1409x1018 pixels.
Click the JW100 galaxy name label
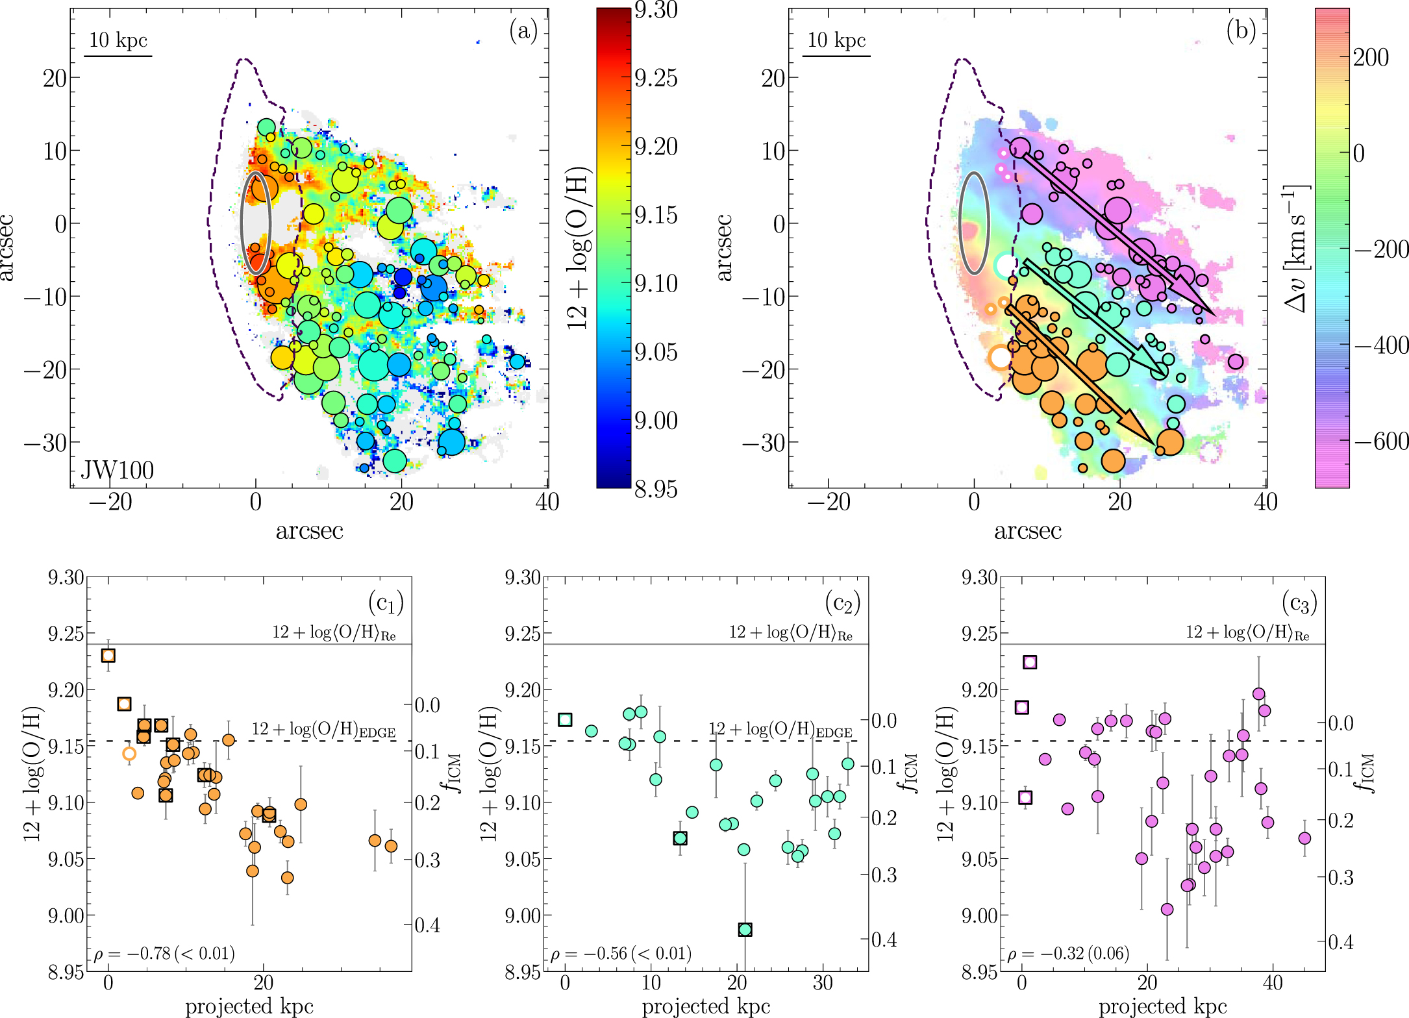pos(118,470)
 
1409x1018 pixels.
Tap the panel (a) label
pos(523,31)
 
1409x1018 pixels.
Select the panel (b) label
pos(1241,31)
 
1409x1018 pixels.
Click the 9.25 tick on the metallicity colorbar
pos(656,78)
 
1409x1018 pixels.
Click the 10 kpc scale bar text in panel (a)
pos(118,40)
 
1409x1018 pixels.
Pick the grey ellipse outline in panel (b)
pos(974,223)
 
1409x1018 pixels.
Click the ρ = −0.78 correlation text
pos(164,953)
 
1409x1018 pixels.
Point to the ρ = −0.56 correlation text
pos(621,953)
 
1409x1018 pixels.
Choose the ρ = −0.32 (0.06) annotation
pos(1068,953)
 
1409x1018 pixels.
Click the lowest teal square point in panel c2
pos(745,930)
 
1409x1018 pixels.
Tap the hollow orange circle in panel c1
pos(129,754)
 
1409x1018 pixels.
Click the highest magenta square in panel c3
pos(1030,662)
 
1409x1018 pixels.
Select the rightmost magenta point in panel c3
pos(1304,838)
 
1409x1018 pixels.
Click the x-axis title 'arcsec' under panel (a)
pos(309,531)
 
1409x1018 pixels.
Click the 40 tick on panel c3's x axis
pos(1272,982)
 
